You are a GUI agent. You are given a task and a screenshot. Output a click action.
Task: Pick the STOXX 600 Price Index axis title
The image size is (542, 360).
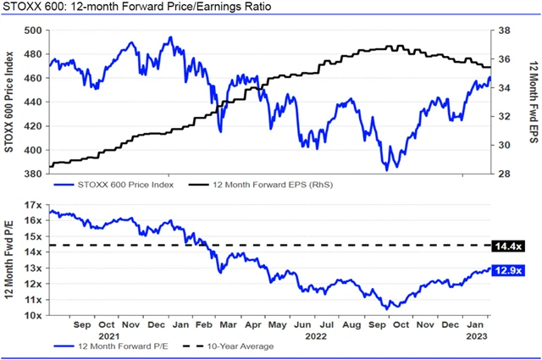tap(9, 102)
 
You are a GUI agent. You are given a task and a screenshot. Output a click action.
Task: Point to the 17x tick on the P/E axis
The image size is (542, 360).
tap(35, 205)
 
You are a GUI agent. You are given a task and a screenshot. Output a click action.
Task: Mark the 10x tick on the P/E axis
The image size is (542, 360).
tap(35, 315)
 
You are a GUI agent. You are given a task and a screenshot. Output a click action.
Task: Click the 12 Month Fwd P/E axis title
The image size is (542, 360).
tap(9, 261)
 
